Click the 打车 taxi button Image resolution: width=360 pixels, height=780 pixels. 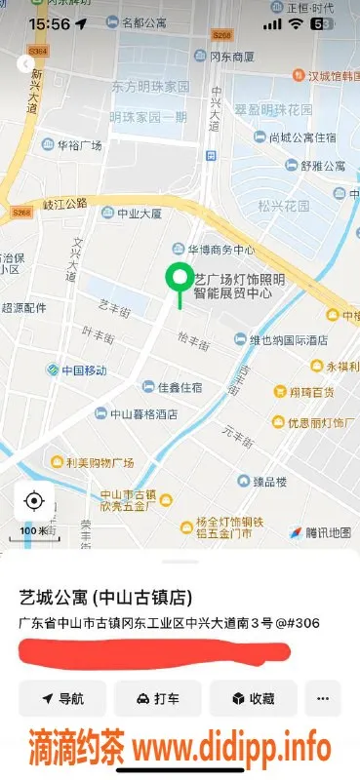(157, 699)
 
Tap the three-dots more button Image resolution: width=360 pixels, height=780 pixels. (323, 699)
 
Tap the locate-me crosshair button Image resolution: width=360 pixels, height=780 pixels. (34, 502)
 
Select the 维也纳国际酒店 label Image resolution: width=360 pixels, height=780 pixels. (289, 340)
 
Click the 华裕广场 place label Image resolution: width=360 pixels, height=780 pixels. (79, 146)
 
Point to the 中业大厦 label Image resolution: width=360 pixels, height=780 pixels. (138, 213)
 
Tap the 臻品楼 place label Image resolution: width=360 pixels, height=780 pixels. (268, 482)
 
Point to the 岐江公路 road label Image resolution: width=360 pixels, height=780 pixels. (64, 204)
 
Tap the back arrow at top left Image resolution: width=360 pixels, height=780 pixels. (25, 64)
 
